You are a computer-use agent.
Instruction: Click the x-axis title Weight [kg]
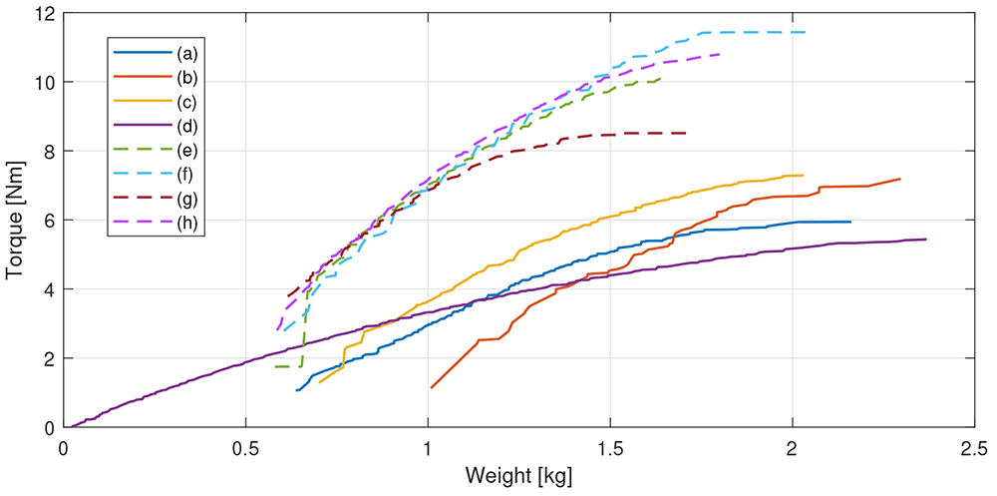pos(519,475)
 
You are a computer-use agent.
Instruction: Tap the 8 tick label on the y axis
pos(50,151)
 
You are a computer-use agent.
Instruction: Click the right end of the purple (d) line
pos(926,240)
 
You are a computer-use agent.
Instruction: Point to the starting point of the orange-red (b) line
pos(432,387)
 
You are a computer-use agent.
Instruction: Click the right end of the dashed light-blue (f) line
pos(805,32)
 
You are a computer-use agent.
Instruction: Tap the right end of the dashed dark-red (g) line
pos(686,133)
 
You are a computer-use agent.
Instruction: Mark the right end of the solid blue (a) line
pos(850,222)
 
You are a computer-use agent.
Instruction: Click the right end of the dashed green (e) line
pos(661,78)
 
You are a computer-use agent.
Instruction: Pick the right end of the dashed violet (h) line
pos(719,54)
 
